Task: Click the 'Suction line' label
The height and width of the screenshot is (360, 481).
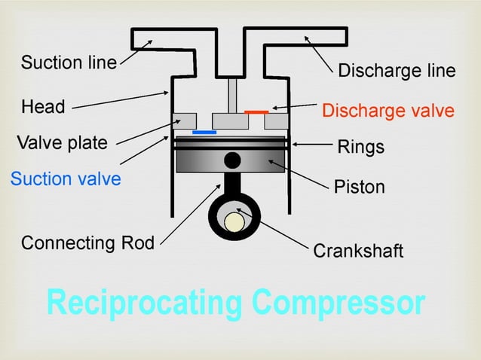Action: coord(69,62)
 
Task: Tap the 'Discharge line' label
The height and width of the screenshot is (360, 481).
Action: coord(397,71)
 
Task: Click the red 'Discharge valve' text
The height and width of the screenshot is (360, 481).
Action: coord(388,111)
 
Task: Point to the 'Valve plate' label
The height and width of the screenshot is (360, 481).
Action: coord(62,143)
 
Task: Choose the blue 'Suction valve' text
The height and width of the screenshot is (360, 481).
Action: coord(65,180)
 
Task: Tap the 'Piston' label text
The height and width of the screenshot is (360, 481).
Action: coord(359,186)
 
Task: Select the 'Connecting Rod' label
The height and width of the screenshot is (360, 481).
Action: coord(87,243)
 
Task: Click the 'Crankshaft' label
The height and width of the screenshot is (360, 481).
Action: coord(358,251)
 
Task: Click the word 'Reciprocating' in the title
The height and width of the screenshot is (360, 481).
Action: coord(143,303)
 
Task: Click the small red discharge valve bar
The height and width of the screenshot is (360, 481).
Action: coord(256,111)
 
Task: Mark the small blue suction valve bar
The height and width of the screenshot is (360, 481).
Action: coord(204,133)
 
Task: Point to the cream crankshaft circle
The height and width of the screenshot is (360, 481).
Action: coord(234,221)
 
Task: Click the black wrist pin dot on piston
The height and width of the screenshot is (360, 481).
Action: coord(233,160)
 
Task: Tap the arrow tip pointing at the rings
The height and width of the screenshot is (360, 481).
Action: coord(293,143)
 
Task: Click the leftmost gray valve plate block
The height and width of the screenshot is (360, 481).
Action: coord(185,121)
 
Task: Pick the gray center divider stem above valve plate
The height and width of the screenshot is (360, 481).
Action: coord(233,95)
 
